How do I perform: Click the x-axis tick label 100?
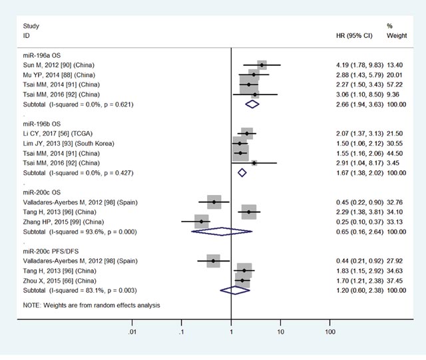(329, 331)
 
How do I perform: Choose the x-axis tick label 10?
(280, 331)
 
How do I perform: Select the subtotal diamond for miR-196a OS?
(252, 104)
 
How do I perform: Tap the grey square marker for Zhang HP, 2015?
(202, 222)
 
